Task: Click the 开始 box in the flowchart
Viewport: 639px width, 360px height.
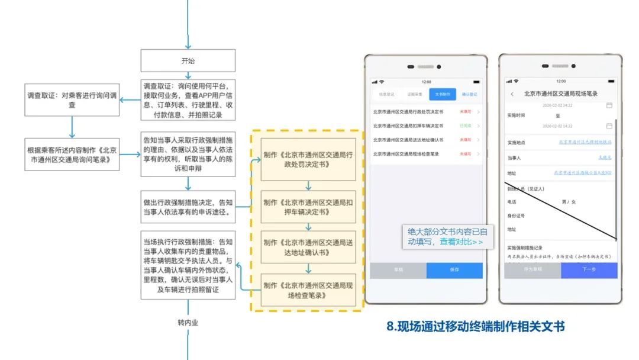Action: pos(188,61)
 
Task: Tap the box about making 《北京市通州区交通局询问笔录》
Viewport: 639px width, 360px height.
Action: pos(72,155)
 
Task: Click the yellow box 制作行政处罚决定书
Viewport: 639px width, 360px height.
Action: pos(308,159)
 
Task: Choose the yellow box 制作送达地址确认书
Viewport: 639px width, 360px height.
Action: pos(308,247)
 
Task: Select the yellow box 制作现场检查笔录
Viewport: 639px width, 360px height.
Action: pos(308,290)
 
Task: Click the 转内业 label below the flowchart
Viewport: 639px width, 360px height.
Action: pos(188,323)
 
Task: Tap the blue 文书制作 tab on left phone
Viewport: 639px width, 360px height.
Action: pos(443,94)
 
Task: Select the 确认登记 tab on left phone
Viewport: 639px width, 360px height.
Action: pos(469,94)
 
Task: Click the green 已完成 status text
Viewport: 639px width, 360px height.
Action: pos(465,126)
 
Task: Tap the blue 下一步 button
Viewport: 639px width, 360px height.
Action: pos(589,270)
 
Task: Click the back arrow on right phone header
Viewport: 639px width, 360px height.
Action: pos(512,94)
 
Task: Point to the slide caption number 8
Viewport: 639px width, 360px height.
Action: pos(391,326)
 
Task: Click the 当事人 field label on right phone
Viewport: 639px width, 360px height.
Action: pos(514,157)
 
